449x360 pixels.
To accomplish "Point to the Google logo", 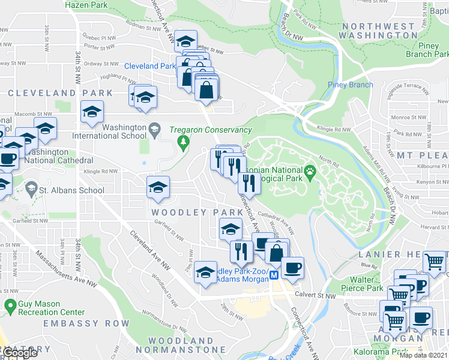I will (20, 352).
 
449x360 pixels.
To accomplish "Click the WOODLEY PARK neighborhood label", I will (188, 212).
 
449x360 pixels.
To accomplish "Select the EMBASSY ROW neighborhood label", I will (86, 323).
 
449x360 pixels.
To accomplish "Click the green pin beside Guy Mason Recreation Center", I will (10, 307).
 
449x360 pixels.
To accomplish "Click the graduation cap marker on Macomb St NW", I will (92, 113).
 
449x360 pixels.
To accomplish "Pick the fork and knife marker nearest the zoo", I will (249, 184).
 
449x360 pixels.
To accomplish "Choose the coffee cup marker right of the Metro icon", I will (292, 268).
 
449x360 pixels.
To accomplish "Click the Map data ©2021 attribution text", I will (424, 355).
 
